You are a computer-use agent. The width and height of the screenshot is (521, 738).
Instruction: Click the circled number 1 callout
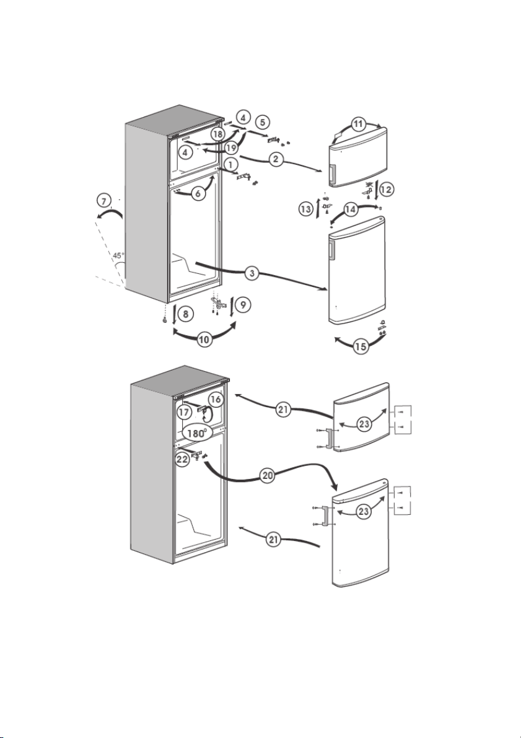(x=231, y=165)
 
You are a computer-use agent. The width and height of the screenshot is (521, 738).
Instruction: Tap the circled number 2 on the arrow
(x=276, y=159)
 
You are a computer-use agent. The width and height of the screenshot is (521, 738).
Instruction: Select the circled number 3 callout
(x=253, y=273)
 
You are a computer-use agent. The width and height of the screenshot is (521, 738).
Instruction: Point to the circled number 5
(x=263, y=122)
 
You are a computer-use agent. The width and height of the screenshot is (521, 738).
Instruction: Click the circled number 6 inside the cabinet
(x=199, y=193)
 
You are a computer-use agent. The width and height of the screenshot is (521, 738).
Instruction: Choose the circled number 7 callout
(x=104, y=201)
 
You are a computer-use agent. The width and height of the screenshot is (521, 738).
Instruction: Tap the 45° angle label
(x=118, y=256)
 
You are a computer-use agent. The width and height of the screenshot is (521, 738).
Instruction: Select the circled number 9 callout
(x=243, y=305)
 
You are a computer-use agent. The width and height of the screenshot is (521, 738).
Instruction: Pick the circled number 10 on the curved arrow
(x=204, y=340)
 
